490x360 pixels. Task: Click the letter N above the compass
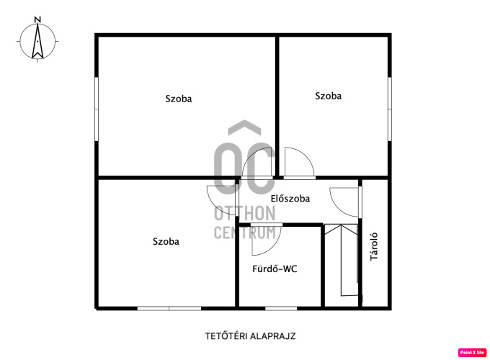[x=37, y=19]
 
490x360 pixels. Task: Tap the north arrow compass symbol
[x=37, y=41]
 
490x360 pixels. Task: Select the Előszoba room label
[x=290, y=199]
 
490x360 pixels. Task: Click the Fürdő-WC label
[x=275, y=269]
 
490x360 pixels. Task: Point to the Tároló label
[x=374, y=247]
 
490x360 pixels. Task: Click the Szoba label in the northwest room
[x=179, y=99]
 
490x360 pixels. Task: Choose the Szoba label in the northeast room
[x=328, y=96]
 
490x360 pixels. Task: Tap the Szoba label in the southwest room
[x=166, y=241]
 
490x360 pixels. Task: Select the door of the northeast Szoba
[x=299, y=163]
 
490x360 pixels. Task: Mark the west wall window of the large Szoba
[x=97, y=109]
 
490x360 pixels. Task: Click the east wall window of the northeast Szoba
[x=390, y=109]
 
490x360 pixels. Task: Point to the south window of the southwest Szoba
[x=169, y=308]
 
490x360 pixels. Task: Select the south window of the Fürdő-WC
[x=281, y=308]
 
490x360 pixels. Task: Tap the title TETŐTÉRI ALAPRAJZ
[x=250, y=336]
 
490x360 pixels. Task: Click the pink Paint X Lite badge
[x=472, y=353]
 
